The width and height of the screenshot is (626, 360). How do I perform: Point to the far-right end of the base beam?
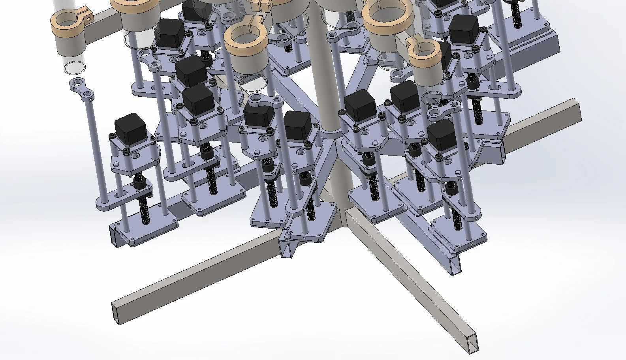577,111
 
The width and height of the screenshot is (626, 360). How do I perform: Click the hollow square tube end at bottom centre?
288,249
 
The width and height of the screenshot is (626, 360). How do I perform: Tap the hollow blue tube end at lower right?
456,264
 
